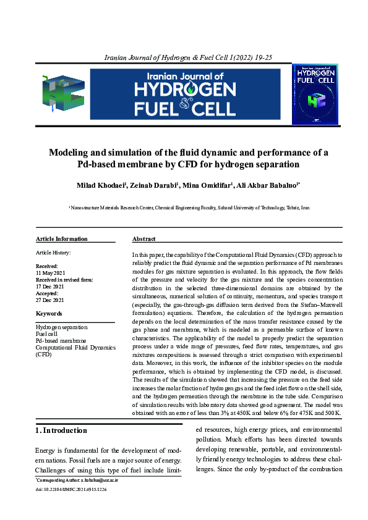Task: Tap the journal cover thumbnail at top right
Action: pos(315,93)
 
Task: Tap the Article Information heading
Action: pos(61,239)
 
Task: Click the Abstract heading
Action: pos(143,239)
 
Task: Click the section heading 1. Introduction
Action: pos(61,430)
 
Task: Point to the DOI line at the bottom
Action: pos(71,489)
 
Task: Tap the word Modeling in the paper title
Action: pos(71,153)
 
